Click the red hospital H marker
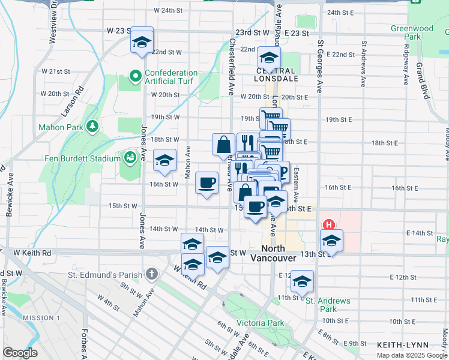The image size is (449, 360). pyautogui.click(x=328, y=225)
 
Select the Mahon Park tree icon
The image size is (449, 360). pyautogui.click(x=92, y=126)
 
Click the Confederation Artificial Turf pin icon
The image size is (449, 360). pyautogui.click(x=135, y=77)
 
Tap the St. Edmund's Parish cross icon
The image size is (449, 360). pyautogui.click(x=152, y=275)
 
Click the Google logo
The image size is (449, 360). pyautogui.click(x=20, y=353)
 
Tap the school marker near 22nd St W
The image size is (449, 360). pyautogui.click(x=142, y=41)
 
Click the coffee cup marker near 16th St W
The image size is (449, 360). pyautogui.click(x=207, y=182)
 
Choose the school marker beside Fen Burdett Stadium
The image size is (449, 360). pyautogui.click(x=164, y=160)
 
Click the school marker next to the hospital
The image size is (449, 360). pyautogui.click(x=331, y=241)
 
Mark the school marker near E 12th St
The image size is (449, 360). pyautogui.click(x=303, y=281)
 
